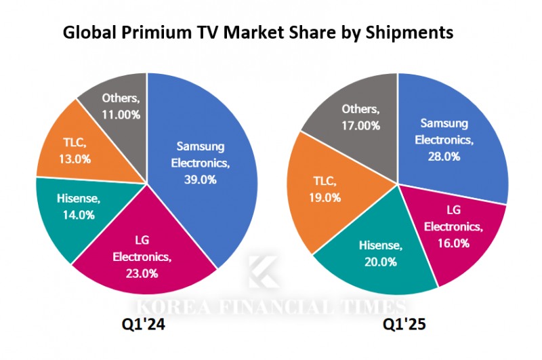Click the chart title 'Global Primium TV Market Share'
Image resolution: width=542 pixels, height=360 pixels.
coord(258,32)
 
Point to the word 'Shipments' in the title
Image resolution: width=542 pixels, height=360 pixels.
coord(413,32)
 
